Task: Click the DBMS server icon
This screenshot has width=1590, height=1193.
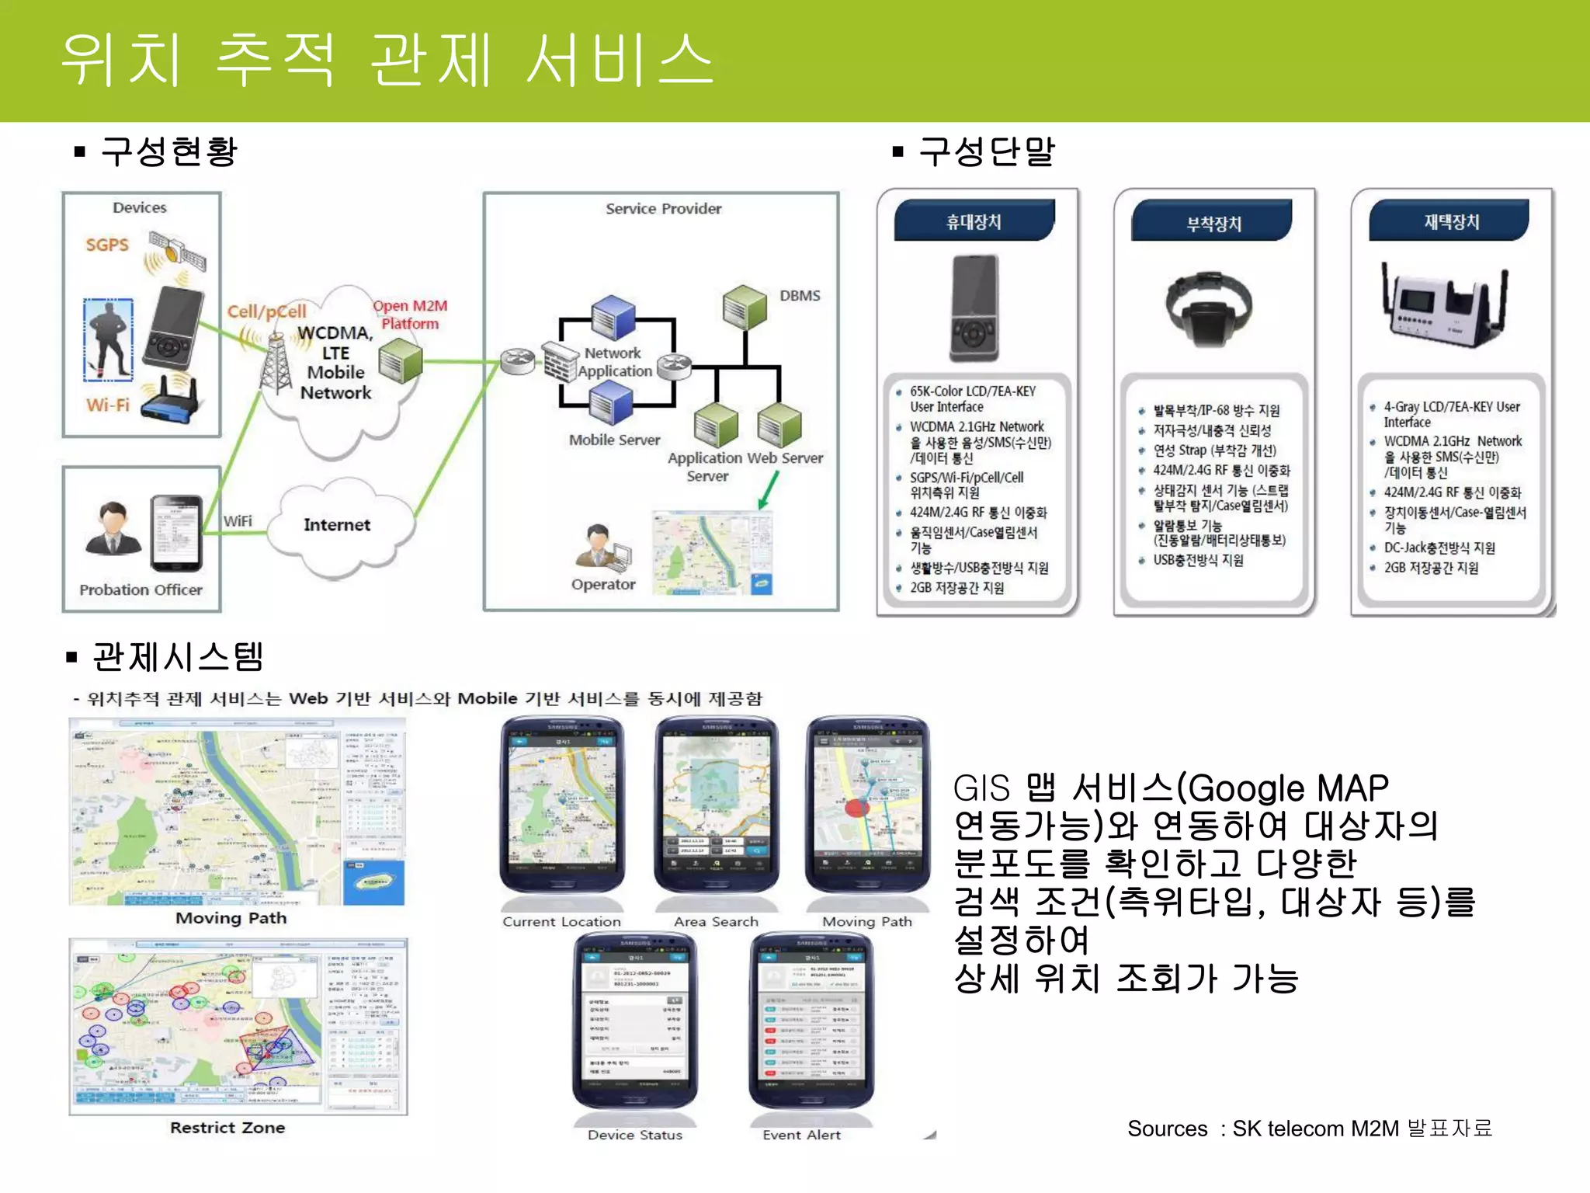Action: click(745, 306)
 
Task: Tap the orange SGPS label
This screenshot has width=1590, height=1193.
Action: click(107, 245)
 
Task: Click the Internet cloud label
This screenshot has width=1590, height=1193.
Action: click(337, 525)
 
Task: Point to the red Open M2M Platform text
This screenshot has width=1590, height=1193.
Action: click(410, 315)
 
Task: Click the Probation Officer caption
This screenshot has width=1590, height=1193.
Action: click(141, 590)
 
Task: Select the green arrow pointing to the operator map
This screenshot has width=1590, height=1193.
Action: click(768, 491)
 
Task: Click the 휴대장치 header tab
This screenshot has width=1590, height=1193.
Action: click(974, 222)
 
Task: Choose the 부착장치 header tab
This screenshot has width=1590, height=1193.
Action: click(1213, 224)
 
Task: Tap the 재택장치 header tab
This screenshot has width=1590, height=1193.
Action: click(1451, 222)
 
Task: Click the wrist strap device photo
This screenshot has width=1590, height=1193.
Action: click(1209, 308)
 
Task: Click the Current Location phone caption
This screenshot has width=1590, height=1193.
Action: click(561, 922)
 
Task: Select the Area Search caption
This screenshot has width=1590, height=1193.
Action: click(716, 922)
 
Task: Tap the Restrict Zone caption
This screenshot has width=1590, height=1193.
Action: click(227, 1128)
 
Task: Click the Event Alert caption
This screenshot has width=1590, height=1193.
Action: click(801, 1135)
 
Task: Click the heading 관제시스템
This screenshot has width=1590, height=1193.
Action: click(178, 657)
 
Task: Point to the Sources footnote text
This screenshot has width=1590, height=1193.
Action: click(1309, 1128)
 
